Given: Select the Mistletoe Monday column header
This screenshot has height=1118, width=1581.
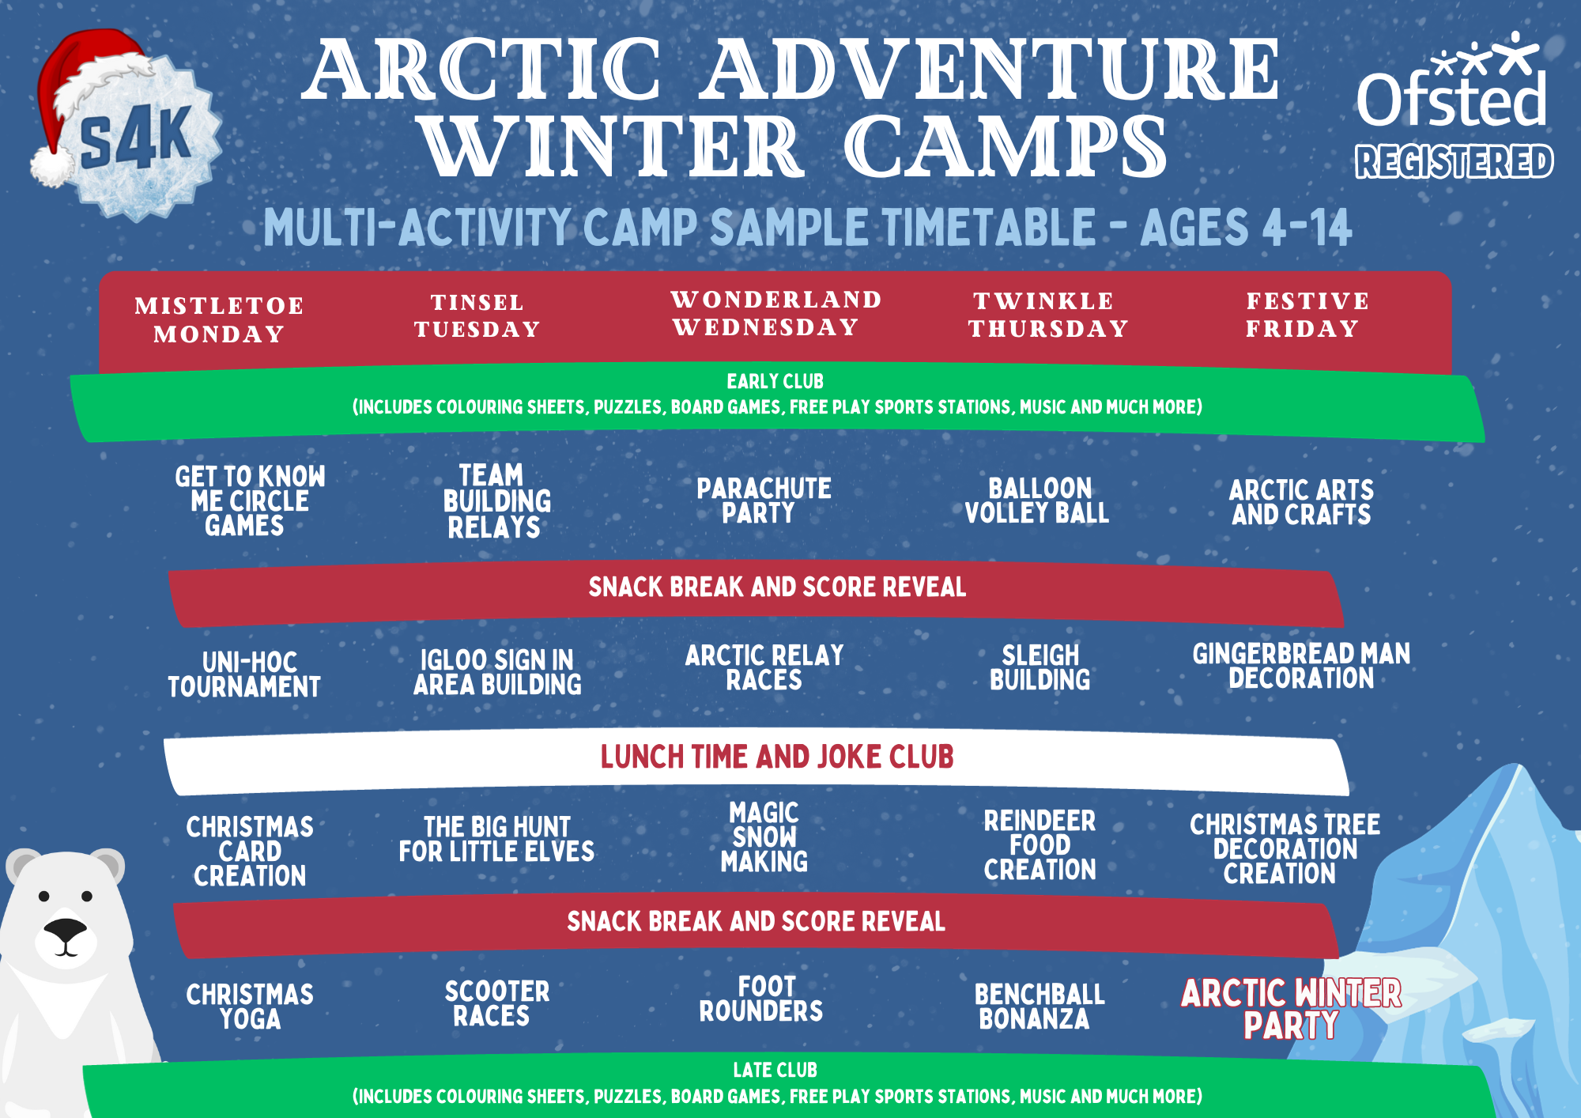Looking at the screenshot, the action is [219, 319].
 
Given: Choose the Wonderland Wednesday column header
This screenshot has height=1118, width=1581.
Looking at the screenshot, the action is [776, 313].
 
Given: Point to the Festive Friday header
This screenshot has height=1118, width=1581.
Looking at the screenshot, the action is [1307, 315].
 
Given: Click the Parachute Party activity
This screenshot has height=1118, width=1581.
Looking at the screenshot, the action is [764, 500].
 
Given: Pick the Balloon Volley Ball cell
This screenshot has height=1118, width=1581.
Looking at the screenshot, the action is [1037, 500].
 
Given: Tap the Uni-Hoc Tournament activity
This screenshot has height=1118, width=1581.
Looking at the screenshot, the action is [244, 674].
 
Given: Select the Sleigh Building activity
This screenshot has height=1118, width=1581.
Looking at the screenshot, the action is [1040, 667].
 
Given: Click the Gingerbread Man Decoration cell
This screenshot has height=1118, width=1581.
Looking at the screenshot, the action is [1301, 666].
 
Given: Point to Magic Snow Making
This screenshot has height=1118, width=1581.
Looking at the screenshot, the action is [764, 837].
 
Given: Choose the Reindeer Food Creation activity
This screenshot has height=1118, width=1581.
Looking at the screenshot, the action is [1040, 845].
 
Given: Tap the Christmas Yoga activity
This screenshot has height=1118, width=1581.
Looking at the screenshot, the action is [250, 1007].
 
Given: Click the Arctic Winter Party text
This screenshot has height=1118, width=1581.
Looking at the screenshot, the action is [1291, 1009].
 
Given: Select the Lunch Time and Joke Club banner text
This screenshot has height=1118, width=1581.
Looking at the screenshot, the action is [777, 757].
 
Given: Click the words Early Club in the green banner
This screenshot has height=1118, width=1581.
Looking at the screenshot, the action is [775, 381].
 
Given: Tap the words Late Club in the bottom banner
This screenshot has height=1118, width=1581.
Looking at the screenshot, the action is [775, 1070].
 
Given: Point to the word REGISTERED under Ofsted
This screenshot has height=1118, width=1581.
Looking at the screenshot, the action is [1455, 161].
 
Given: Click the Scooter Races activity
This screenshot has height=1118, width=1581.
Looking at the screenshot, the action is [496, 1003].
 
